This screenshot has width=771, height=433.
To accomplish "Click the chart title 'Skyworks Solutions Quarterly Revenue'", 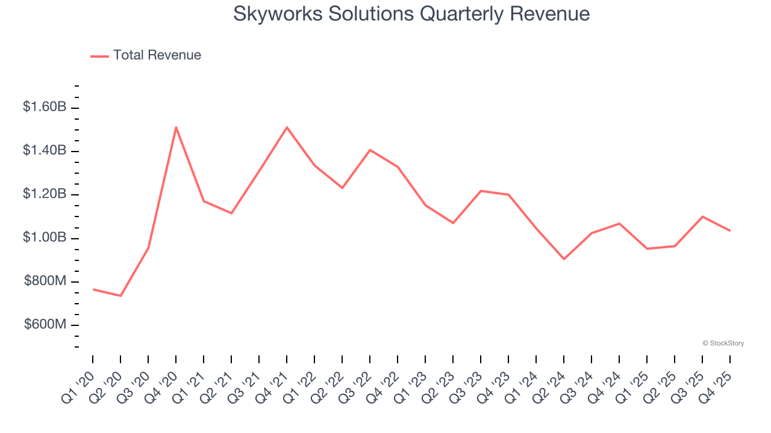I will [x=411, y=14].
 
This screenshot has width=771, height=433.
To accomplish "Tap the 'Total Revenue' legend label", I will [x=157, y=55].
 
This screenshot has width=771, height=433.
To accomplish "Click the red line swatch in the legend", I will [x=99, y=56].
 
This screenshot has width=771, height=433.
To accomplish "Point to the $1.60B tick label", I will [x=45, y=107].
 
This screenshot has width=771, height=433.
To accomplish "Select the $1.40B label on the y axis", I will [x=45, y=150].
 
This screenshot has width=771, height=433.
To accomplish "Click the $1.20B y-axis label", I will [x=45, y=194].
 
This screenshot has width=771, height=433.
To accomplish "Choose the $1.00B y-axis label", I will [x=45, y=238].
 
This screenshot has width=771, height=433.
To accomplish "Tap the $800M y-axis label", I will [x=45, y=281].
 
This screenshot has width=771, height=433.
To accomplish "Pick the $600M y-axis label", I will [x=45, y=325].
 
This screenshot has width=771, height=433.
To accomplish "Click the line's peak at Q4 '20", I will [x=176, y=127].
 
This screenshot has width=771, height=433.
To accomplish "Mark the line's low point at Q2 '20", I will [x=120, y=296].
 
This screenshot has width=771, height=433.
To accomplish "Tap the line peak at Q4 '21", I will [x=287, y=127].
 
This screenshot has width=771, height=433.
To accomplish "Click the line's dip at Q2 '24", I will [x=564, y=259].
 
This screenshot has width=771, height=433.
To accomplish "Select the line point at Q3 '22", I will [x=370, y=150].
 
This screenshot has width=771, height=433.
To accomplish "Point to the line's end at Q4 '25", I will [x=730, y=230].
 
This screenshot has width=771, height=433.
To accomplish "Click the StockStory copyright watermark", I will [x=723, y=343].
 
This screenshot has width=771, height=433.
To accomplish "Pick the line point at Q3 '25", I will [x=702, y=216].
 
